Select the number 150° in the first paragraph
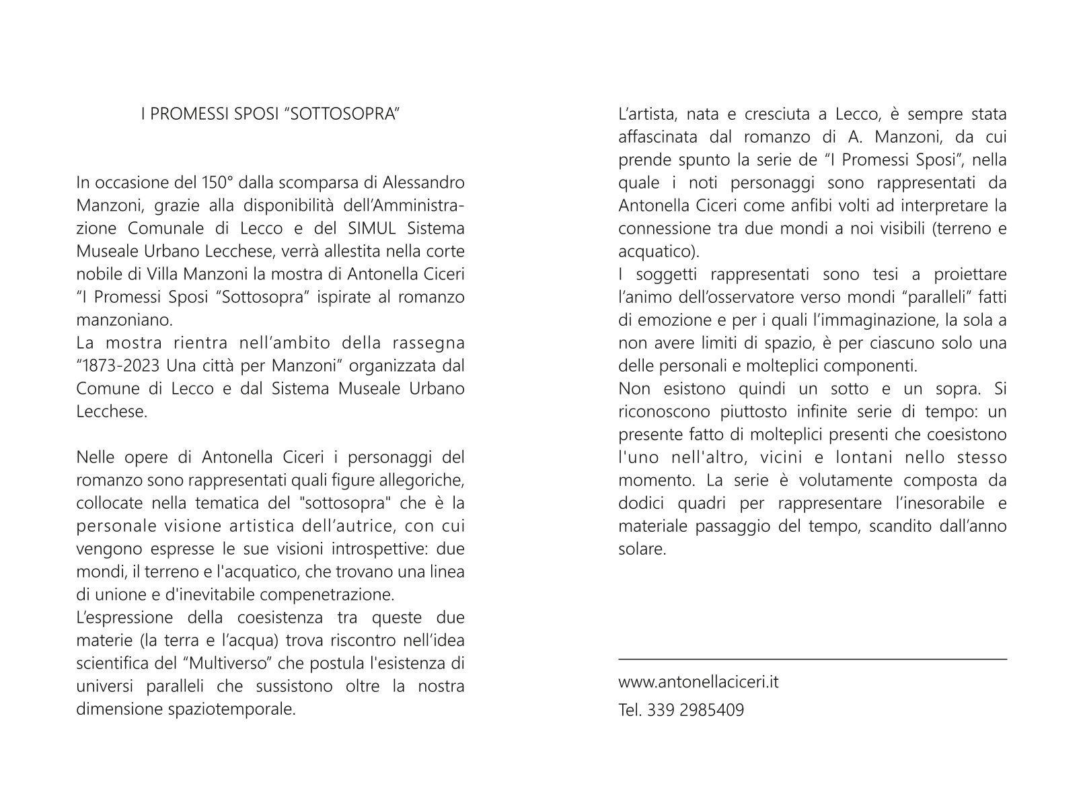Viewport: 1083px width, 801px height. click(x=218, y=182)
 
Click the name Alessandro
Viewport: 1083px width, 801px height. click(x=424, y=182)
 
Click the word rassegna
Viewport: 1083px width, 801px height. click(x=428, y=343)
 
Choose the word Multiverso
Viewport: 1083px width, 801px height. click(x=227, y=664)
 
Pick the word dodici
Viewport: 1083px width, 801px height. click(x=640, y=503)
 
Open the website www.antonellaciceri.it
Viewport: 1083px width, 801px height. click(x=698, y=682)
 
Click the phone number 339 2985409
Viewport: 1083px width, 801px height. click(x=696, y=710)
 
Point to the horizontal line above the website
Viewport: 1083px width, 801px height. click(x=813, y=659)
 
